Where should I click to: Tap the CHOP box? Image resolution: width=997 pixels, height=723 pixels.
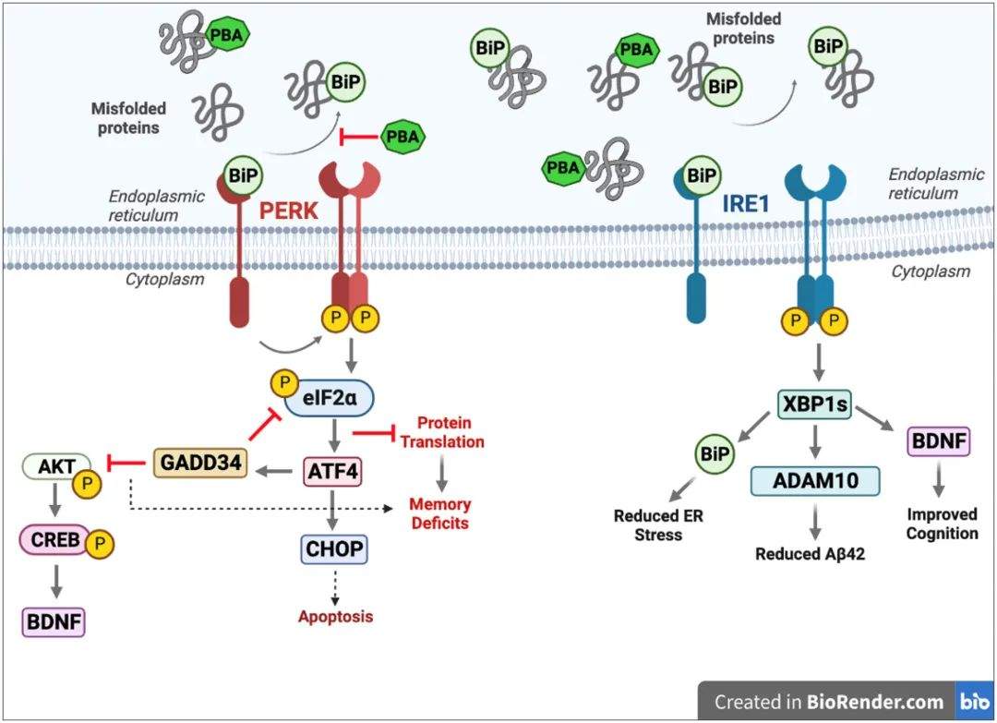(x=334, y=549)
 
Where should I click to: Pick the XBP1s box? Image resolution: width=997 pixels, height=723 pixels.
(x=813, y=404)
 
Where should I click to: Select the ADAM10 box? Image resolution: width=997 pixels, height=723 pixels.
(x=815, y=482)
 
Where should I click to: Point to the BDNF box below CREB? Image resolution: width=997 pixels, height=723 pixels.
(x=54, y=621)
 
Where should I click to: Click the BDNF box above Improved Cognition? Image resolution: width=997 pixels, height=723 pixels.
(x=940, y=442)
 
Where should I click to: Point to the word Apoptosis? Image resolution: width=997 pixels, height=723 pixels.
(x=335, y=616)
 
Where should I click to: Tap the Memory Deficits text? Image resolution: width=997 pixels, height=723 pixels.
(x=440, y=513)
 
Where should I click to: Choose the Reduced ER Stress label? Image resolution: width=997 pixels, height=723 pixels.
(x=658, y=524)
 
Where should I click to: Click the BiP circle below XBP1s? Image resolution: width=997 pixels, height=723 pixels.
(x=712, y=453)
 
